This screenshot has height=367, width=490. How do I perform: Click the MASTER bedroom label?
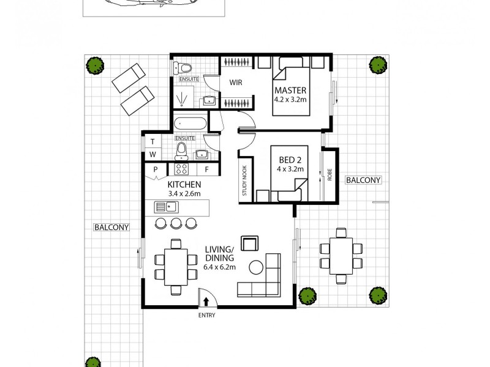click(290, 91)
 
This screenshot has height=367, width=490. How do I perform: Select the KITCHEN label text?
click(184, 184)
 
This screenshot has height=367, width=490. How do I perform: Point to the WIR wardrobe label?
click(238, 83)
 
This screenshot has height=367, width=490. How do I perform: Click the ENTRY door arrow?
click(206, 301)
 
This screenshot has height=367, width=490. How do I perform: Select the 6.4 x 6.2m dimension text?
click(219, 267)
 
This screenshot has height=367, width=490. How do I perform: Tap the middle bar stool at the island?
click(176, 223)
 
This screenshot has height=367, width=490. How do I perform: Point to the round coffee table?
click(256, 267)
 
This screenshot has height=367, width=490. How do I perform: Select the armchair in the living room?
click(249, 243)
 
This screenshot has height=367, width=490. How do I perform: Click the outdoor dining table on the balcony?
click(341, 255)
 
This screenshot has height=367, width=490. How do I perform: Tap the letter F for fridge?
click(207, 169)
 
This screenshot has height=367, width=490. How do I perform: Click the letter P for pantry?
click(156, 169)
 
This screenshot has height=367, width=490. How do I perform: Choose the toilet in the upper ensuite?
click(183, 68)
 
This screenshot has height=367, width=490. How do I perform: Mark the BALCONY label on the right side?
click(363, 180)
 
